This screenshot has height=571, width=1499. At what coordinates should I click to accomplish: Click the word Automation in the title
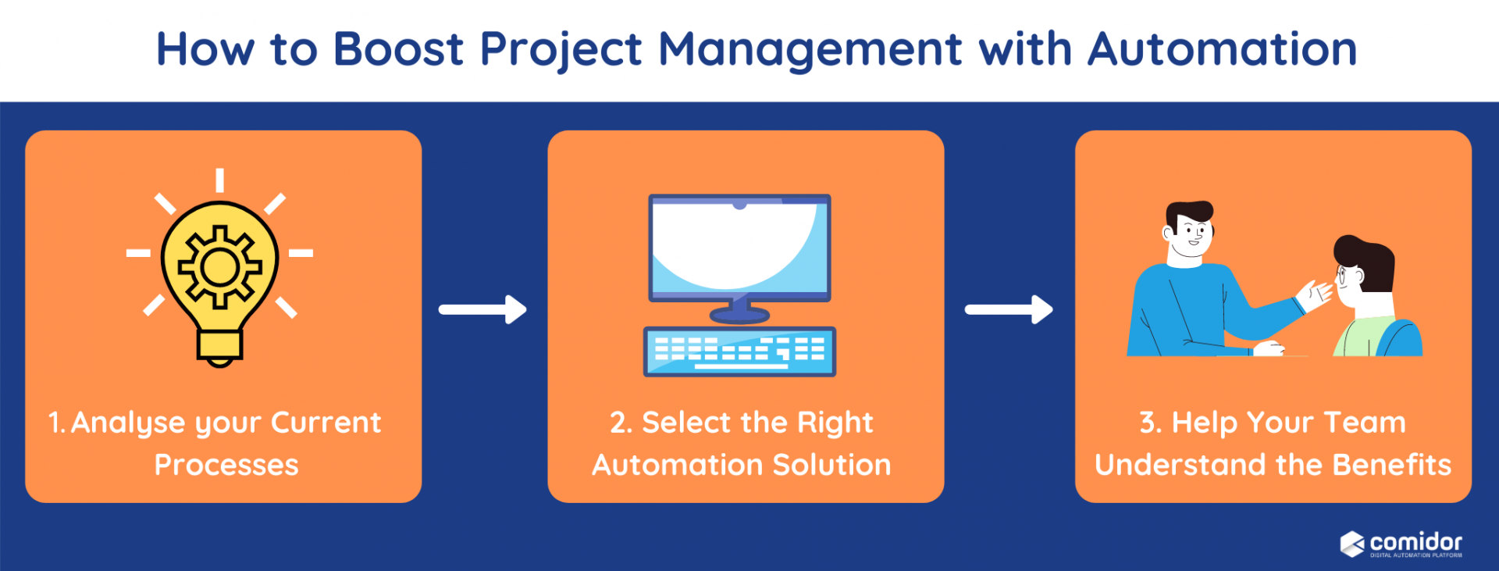click(x=1222, y=48)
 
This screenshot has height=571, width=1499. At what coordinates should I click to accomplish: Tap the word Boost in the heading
click(x=398, y=48)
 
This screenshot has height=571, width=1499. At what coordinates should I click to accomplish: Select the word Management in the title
click(x=810, y=50)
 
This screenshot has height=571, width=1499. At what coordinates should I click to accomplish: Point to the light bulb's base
click(x=219, y=346)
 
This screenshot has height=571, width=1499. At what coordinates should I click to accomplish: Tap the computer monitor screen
click(x=739, y=246)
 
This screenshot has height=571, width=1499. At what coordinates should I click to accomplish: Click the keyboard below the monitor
click(x=739, y=352)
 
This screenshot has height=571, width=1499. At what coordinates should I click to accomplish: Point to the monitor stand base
click(x=739, y=316)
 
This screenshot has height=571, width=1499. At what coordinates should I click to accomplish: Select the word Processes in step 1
click(x=226, y=465)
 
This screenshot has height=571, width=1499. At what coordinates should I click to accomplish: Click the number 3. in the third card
click(x=1150, y=423)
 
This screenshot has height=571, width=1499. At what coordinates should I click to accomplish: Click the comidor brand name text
click(x=1415, y=541)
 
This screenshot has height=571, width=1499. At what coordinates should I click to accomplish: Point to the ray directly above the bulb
click(x=220, y=180)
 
